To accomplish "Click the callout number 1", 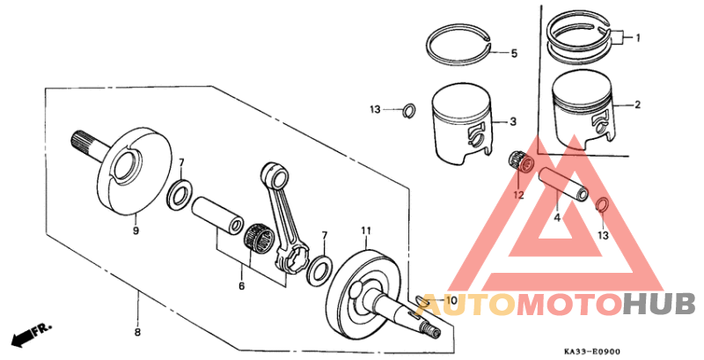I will pos(639,38).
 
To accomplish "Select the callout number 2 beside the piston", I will pos(639,105).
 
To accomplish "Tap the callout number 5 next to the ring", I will pos(514,54).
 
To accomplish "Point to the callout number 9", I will pos(136,231).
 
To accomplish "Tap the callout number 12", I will pos(518,195).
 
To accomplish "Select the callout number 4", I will pos(556,215).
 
